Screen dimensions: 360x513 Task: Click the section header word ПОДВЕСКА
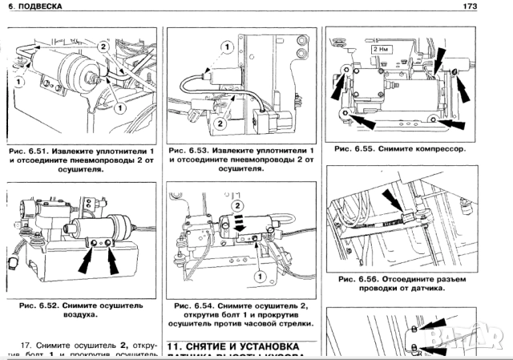[42, 7]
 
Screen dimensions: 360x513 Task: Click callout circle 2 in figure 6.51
[102, 47]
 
